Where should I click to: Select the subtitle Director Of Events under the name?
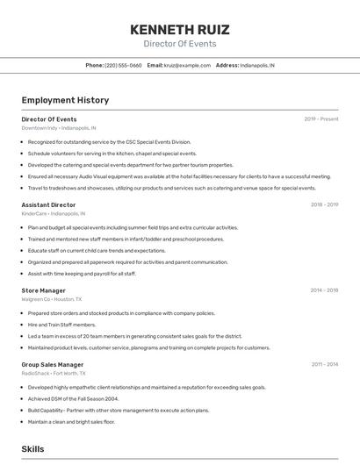pyautogui.click(x=179, y=43)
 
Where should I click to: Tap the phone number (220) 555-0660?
pyautogui.click(x=123, y=65)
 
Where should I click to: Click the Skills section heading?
pyautogui.click(x=32, y=448)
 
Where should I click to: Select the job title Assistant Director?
pyautogui.click(x=48, y=204)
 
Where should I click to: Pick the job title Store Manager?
pyautogui.click(x=43, y=290)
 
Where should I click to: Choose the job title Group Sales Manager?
pyautogui.click(x=53, y=364)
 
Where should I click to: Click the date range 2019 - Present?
pyautogui.click(x=320, y=119)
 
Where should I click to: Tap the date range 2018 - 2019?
pyautogui.click(x=324, y=204)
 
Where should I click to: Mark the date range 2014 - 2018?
pyautogui.click(x=324, y=290)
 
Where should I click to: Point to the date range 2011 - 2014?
pyautogui.click(x=324, y=364)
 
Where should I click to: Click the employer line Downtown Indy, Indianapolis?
pyautogui.click(x=59, y=128)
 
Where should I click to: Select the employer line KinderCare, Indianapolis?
pyautogui.click(x=53, y=213)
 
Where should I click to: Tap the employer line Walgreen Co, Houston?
pyautogui.click(x=51, y=298)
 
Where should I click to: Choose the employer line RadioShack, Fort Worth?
pyautogui.click(x=54, y=373)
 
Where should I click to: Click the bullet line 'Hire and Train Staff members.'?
pyautogui.click(x=61, y=324)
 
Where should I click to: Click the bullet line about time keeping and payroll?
pyautogui.click(x=82, y=273)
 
